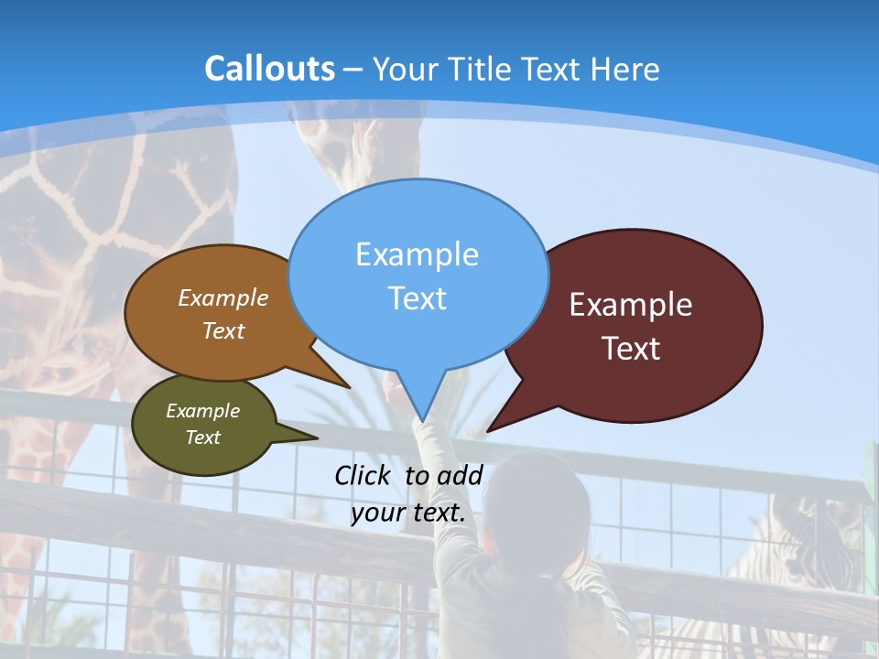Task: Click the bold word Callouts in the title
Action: coord(269,69)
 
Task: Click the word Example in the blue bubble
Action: coord(418,254)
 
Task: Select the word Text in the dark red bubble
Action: coord(631,348)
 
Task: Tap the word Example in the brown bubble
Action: coord(223,297)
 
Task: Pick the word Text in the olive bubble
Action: coord(203,438)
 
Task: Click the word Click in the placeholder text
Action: coord(365,475)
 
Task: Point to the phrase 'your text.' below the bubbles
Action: coord(408,513)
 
